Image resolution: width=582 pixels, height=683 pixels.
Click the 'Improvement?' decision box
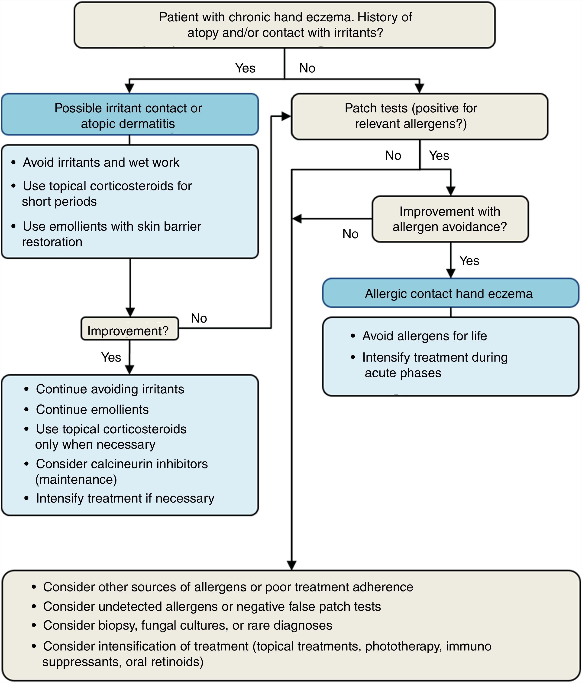point(129,329)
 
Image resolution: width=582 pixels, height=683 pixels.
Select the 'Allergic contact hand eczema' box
point(450,293)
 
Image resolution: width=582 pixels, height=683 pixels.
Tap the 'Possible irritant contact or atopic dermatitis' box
point(129,115)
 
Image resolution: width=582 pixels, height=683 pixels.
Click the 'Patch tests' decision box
point(419,116)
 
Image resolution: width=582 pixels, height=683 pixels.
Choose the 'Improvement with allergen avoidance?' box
point(450,219)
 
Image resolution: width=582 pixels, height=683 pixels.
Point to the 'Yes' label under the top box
point(245,68)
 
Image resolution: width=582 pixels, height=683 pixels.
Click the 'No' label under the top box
point(307,68)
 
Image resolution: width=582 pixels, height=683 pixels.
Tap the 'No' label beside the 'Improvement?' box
point(199,318)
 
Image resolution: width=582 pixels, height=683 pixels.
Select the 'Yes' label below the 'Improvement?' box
point(111,357)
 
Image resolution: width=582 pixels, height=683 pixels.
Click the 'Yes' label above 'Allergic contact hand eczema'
point(469,261)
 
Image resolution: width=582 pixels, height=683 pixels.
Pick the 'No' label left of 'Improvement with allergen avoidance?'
point(350,234)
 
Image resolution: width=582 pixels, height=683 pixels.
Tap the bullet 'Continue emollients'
point(92,409)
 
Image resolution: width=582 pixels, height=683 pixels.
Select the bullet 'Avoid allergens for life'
point(424,336)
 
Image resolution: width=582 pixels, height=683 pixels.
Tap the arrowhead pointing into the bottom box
point(292,565)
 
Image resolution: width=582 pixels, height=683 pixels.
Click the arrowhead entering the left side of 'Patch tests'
point(287,116)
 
